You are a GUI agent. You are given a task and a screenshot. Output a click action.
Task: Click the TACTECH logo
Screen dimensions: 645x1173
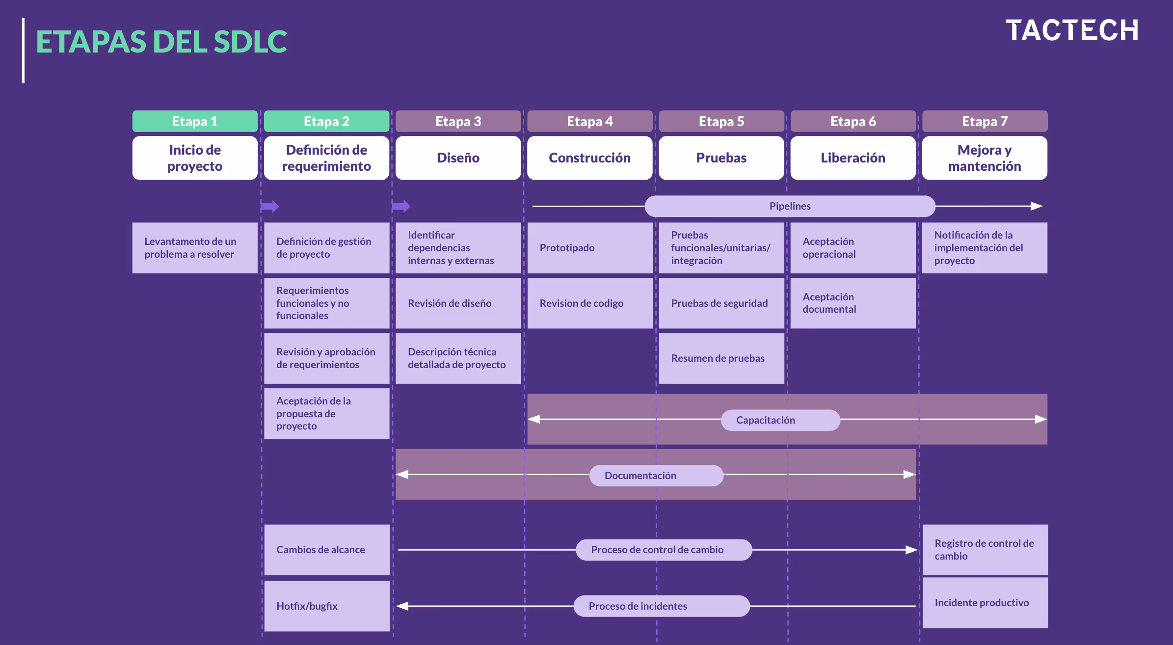1072,30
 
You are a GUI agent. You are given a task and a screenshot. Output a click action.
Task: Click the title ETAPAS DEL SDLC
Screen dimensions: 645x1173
161,42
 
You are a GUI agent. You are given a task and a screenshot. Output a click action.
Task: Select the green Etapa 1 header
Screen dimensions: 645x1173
195,121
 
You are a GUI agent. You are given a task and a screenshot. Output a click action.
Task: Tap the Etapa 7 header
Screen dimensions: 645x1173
985,121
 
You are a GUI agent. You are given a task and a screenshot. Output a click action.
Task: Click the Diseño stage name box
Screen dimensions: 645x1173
458,158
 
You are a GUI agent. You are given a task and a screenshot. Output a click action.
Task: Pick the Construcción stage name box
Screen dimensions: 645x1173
589,158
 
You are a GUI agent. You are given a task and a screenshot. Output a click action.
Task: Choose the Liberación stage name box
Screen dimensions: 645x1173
853,158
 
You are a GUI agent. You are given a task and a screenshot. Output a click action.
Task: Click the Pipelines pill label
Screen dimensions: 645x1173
790,206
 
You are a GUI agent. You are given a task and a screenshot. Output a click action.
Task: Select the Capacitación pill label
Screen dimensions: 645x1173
780,420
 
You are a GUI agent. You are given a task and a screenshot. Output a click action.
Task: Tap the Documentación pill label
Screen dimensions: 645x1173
656,476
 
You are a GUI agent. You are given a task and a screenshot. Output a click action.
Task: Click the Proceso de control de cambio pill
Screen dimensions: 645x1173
664,550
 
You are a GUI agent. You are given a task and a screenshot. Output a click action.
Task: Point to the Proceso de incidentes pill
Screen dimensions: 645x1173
662,606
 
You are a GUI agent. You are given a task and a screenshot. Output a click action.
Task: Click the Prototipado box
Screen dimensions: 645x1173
589,248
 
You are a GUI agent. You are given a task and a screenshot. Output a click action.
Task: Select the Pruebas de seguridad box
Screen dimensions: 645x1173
721,303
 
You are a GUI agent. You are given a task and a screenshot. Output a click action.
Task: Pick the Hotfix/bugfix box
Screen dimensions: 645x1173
327,606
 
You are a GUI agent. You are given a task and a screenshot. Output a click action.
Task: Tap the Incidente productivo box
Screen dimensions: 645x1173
985,603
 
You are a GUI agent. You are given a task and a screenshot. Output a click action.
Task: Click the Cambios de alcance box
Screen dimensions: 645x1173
327,550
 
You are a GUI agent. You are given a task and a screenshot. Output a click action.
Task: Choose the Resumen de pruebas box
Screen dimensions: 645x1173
721,358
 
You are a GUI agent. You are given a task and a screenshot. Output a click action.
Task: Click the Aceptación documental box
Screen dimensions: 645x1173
853,303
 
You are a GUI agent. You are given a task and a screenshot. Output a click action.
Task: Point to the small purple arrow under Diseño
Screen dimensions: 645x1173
401,206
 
